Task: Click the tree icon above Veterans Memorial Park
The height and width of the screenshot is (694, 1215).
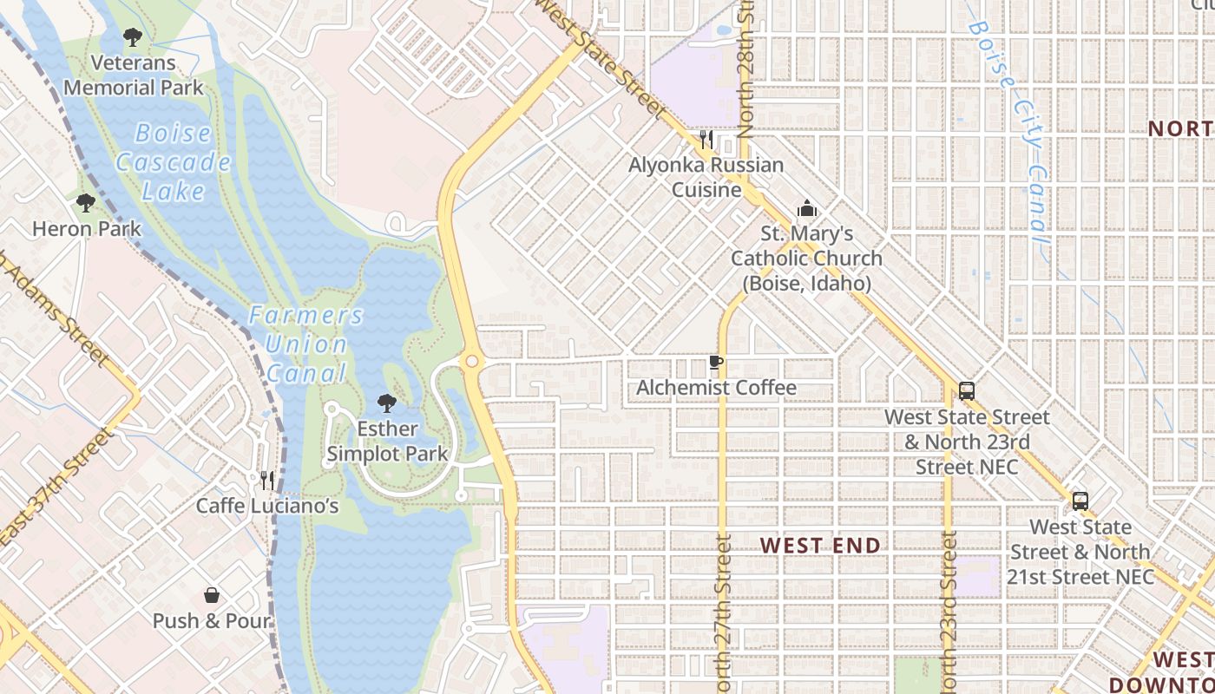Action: tap(132, 37)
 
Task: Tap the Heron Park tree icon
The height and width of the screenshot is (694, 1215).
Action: tap(85, 203)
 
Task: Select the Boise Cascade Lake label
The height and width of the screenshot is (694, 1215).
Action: tap(174, 161)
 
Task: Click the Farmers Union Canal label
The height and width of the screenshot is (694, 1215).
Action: tap(305, 344)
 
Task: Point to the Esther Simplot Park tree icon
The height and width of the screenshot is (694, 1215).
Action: tap(387, 403)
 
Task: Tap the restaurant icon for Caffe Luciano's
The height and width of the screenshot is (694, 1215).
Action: tap(267, 479)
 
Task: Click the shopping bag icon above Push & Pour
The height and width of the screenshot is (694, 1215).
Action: tap(211, 595)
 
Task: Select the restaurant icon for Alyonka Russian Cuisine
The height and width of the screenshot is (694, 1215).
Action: tap(706, 139)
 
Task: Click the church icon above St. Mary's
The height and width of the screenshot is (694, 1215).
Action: tap(807, 208)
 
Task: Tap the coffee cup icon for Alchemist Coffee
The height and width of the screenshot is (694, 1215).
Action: tap(716, 363)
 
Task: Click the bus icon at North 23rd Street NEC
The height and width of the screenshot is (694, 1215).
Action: tap(967, 391)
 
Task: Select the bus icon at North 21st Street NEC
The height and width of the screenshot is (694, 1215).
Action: tap(1080, 501)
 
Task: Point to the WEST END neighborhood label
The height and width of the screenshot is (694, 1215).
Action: tap(820, 546)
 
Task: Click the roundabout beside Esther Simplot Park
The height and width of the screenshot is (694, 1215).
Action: tap(471, 362)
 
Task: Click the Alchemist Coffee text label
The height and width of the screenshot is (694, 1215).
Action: tap(716, 388)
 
